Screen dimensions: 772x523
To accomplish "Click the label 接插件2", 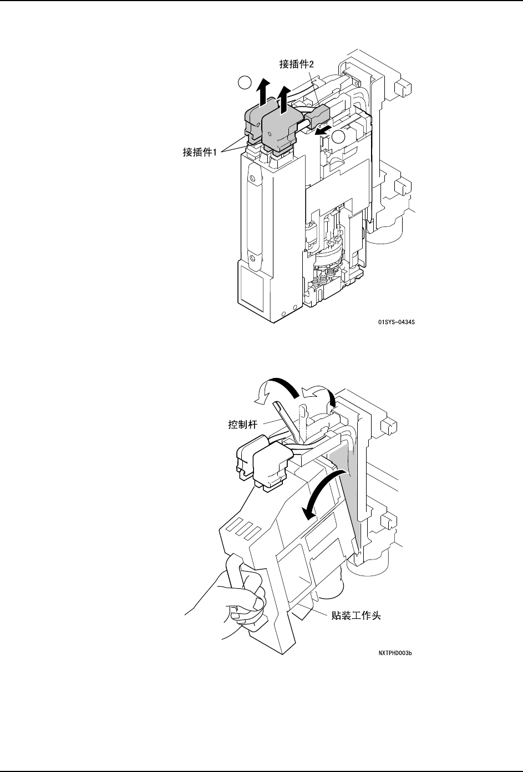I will coord(297,64).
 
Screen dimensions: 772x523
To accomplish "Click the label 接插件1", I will coord(202,152).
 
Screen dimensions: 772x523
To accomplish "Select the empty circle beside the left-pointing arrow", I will coord(339,137).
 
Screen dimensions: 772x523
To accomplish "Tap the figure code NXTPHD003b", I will coord(395,653).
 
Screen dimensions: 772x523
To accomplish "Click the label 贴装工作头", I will coord(352,615).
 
